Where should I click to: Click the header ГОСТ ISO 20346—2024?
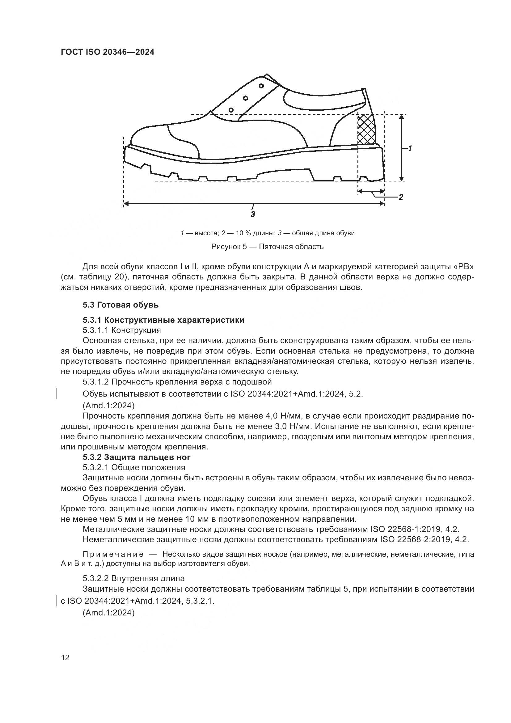coord(107,52)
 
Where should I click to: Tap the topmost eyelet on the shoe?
coord(261,86)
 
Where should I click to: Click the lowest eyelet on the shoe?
coord(231,110)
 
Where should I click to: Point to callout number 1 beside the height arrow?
coord(410,148)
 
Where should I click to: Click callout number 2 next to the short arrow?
coord(401,198)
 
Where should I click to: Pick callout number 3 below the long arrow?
coord(253,215)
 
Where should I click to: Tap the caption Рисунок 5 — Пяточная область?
coord(267,247)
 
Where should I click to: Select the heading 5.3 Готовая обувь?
coord(121,305)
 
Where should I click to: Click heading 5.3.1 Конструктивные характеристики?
coord(163,320)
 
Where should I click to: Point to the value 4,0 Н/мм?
coord(284,416)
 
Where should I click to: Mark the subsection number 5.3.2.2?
coord(95,578)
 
